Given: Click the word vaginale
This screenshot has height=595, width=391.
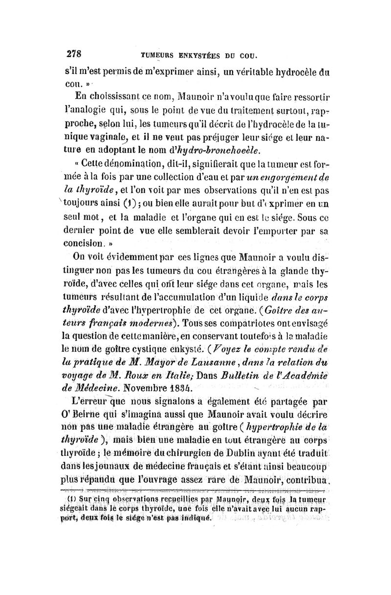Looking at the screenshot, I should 102,135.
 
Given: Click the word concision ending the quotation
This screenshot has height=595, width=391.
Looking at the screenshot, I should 83,242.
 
